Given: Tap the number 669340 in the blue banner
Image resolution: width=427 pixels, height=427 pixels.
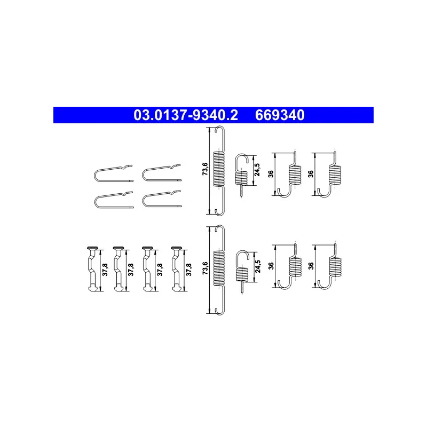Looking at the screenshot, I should point(280,115).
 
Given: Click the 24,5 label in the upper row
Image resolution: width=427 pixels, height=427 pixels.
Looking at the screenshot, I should point(257,170).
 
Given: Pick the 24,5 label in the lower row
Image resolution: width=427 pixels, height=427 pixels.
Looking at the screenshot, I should point(257,265).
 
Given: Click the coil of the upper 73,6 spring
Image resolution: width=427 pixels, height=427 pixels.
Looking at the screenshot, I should point(219,169).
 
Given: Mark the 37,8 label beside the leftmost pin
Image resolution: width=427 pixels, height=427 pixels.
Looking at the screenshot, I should point(105,268).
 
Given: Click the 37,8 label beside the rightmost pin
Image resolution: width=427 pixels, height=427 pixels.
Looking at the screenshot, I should point(188,268).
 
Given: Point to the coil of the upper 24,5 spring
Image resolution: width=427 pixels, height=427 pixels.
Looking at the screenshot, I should point(241,178).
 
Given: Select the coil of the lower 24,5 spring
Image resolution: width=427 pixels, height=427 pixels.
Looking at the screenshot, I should point(241,273).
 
